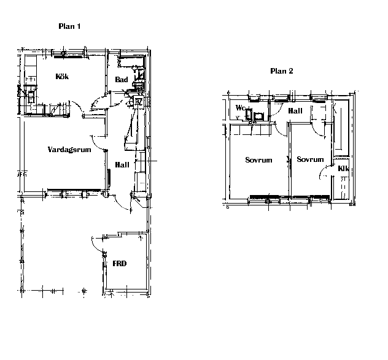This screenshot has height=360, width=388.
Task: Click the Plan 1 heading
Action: [x=69, y=26]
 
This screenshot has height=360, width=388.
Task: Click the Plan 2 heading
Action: [x=282, y=71]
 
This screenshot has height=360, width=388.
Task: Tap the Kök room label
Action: [x=62, y=77]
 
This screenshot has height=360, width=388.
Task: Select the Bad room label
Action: [x=122, y=79]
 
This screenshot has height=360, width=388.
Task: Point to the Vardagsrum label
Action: [x=69, y=150]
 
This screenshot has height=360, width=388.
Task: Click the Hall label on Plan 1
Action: [x=122, y=165]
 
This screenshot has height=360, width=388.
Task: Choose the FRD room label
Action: [x=120, y=264]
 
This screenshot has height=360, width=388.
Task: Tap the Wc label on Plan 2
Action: [x=240, y=108]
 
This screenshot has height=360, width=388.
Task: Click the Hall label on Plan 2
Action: [x=295, y=111]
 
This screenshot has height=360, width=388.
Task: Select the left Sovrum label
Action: [x=258, y=160]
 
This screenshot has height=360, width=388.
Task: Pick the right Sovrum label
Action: [x=310, y=159]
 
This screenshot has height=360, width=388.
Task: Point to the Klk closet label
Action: [x=343, y=169]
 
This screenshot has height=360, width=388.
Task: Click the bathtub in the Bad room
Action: [x=131, y=63]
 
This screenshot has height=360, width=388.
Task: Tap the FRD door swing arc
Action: [x=96, y=244]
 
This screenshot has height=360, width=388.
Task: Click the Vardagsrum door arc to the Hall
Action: [x=97, y=145]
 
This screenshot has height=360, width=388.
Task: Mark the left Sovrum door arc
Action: [x=279, y=131]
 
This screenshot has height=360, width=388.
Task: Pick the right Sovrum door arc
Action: [x=316, y=131]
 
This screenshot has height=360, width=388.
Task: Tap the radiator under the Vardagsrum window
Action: [x=74, y=190]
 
